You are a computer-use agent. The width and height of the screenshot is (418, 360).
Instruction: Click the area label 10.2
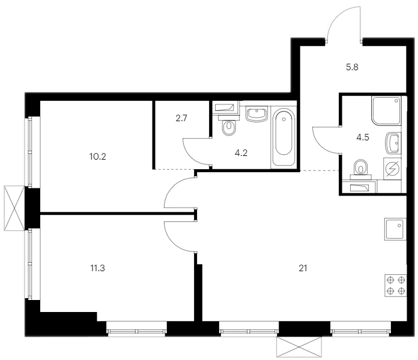[x=97, y=157]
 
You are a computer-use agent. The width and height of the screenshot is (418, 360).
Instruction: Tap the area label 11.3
[x=97, y=268]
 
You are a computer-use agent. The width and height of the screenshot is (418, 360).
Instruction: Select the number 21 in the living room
[x=303, y=268]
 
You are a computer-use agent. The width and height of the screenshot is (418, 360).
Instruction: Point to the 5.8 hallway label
[x=352, y=67]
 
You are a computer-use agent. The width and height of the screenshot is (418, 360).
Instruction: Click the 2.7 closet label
[x=181, y=118]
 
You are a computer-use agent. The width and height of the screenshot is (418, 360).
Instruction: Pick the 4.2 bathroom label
[x=241, y=153]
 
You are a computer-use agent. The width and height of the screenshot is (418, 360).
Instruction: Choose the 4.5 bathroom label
[x=363, y=137]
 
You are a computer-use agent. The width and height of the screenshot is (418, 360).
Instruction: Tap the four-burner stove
[x=396, y=286]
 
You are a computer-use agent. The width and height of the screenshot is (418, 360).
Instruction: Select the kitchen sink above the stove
[x=396, y=229]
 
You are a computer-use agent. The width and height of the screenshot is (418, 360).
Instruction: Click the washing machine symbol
[x=393, y=169]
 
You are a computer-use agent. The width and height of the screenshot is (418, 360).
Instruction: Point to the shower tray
[x=386, y=111]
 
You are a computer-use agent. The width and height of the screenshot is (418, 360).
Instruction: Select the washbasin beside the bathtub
[x=256, y=114]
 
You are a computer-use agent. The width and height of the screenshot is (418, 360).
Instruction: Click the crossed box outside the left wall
[x=14, y=208]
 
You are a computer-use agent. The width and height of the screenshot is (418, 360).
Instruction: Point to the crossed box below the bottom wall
[x=299, y=347]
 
